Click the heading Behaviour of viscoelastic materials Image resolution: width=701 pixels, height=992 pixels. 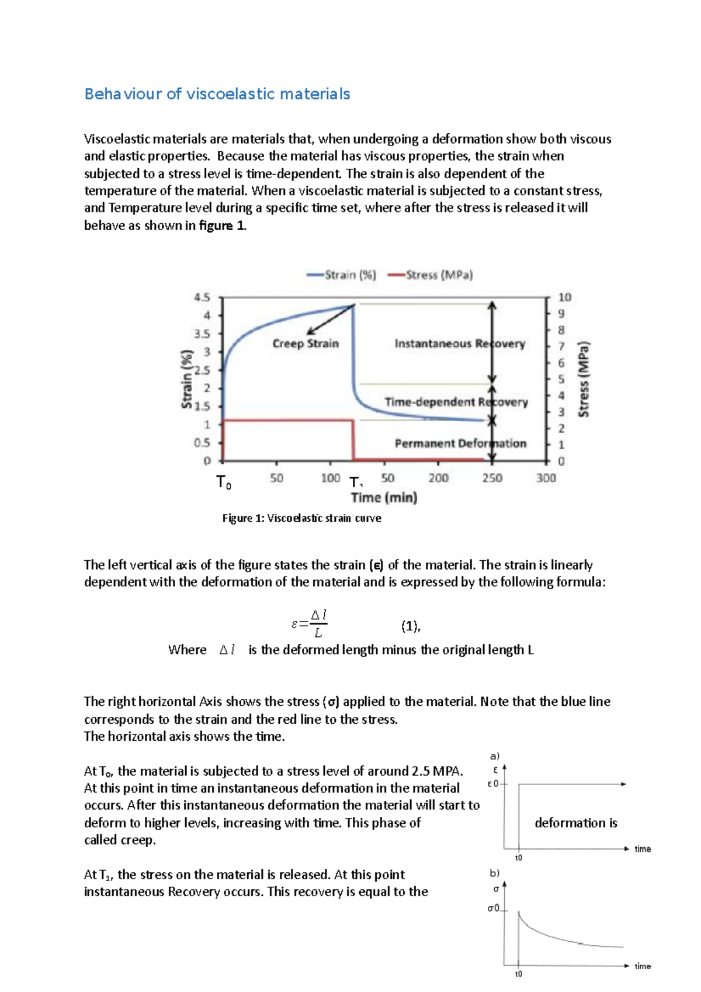(x=217, y=94)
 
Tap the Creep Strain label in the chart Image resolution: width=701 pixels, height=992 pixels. (x=306, y=344)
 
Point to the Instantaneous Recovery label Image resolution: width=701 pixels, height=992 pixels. (x=459, y=344)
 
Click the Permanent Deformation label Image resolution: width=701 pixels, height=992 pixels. (x=460, y=443)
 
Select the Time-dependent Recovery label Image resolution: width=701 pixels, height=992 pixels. (x=456, y=402)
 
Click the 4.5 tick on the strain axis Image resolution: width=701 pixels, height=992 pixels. (x=202, y=297)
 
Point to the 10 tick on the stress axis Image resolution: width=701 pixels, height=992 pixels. (x=564, y=297)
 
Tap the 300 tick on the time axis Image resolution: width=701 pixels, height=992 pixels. (x=546, y=478)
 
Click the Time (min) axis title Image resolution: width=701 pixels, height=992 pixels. (x=384, y=498)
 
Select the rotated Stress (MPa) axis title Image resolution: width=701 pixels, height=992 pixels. (x=584, y=379)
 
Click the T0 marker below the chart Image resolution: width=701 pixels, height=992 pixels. (x=224, y=483)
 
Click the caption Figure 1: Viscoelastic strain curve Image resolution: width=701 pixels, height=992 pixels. (x=301, y=518)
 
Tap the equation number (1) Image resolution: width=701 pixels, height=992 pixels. (x=410, y=626)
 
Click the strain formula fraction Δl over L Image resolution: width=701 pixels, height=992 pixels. (x=318, y=623)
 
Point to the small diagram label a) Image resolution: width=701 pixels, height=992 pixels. (x=495, y=756)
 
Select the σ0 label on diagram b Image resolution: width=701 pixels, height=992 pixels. (x=494, y=908)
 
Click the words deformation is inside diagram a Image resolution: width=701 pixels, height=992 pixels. (x=575, y=823)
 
